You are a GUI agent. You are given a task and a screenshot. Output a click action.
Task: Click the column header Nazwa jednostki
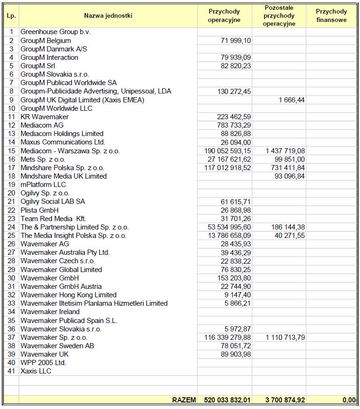pyautogui.click(x=108, y=15)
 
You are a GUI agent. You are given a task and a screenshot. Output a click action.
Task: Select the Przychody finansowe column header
pyautogui.click(x=331, y=15)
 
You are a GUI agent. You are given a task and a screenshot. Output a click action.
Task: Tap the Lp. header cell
pyautogui.click(x=11, y=15)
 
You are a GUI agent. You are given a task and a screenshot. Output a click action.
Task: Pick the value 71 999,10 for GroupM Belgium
pyautogui.click(x=236, y=41)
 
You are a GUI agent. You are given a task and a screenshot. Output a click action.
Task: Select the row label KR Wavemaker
pyautogui.click(x=44, y=117)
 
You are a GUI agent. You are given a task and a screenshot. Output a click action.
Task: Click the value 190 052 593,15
pyautogui.click(x=228, y=151)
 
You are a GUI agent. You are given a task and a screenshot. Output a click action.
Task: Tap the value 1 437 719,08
pyautogui.click(x=285, y=151)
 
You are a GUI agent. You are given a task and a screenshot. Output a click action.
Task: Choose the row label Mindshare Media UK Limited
pyautogui.click(x=64, y=176)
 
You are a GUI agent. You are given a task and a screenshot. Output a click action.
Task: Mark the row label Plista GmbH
pyautogui.click(x=40, y=210)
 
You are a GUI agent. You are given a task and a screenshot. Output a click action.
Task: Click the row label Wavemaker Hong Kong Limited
pyautogui.click(x=68, y=295)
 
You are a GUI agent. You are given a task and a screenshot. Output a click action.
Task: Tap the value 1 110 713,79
pyautogui.click(x=285, y=337)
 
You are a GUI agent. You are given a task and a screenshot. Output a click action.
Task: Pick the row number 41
pyautogui.click(x=11, y=371)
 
